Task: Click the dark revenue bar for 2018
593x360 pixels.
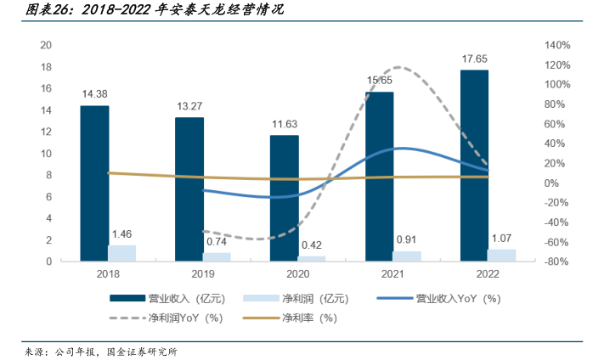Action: [x=94, y=183]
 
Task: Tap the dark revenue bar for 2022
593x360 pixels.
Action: [x=474, y=166]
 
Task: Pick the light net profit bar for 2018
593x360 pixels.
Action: [x=121, y=253]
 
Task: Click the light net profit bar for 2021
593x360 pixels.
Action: [x=406, y=256]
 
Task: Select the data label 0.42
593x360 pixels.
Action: [x=312, y=245]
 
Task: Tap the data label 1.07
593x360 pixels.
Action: [x=501, y=239]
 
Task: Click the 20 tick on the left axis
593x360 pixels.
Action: [x=48, y=45]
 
